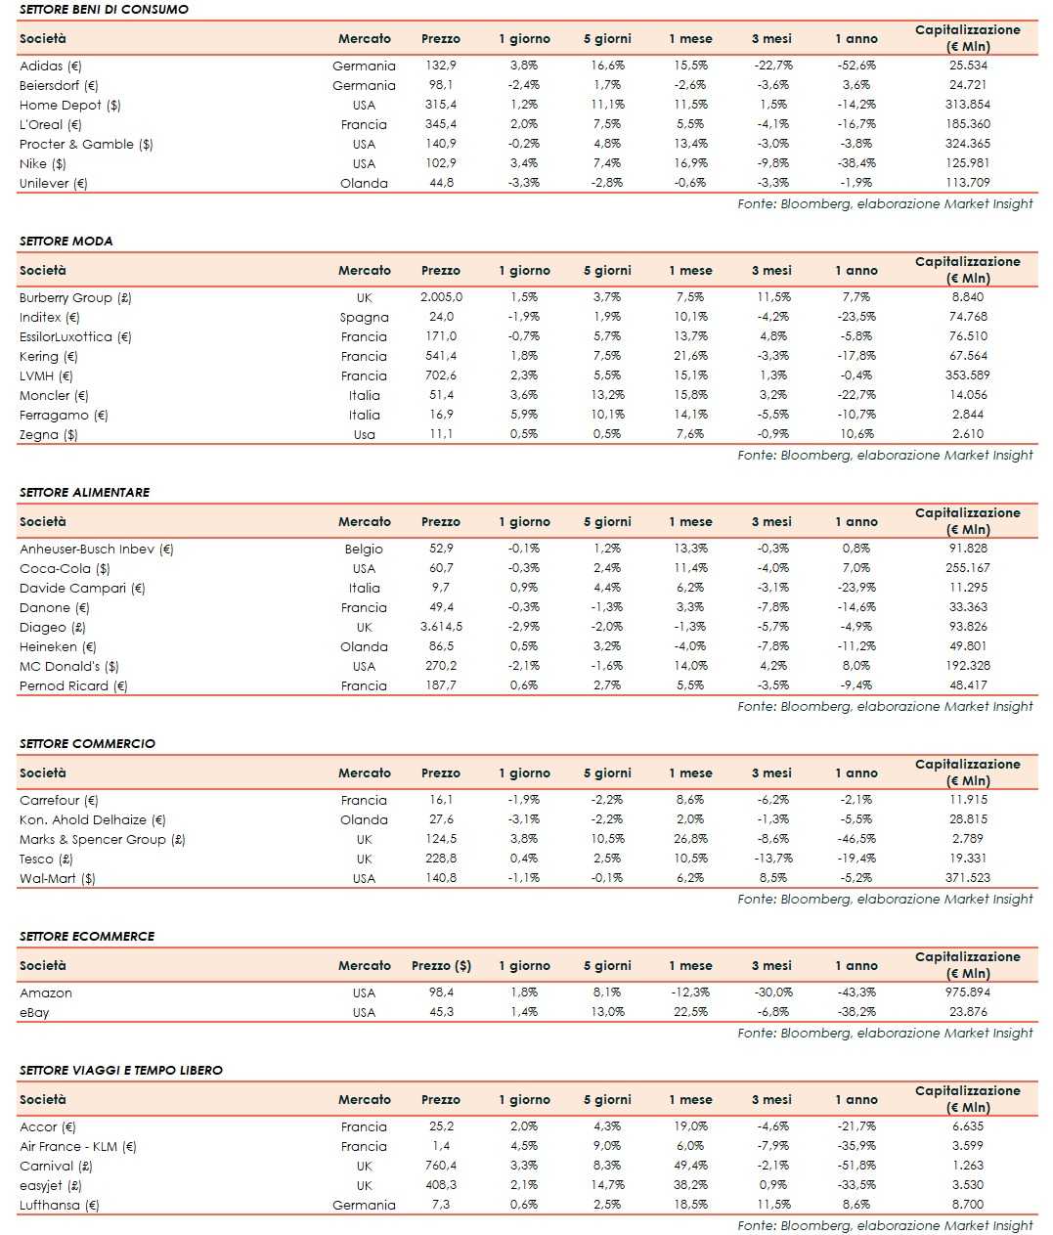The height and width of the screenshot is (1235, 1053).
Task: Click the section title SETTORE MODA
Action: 66,241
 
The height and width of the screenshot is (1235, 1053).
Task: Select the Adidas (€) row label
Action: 51,66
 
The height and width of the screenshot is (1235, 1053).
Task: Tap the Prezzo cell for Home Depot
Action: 441,105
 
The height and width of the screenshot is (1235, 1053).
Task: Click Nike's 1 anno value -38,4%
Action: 856,163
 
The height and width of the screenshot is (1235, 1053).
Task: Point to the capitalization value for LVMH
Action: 968,375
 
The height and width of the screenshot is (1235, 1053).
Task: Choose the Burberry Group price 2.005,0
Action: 441,297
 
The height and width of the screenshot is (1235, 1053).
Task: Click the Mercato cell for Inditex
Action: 364,317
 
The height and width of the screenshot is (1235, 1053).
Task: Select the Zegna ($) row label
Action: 48,434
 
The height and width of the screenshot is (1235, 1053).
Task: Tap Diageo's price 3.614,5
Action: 441,627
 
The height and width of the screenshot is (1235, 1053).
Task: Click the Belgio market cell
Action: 364,549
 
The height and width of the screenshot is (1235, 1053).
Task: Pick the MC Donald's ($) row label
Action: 68,666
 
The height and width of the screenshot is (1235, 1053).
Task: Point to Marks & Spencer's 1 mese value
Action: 690,839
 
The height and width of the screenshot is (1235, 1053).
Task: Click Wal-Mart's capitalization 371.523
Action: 968,878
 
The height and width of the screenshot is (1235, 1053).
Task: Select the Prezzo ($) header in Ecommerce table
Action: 441,965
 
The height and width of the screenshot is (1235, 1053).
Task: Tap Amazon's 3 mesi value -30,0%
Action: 772,992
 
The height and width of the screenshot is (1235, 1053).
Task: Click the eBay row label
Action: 34,1012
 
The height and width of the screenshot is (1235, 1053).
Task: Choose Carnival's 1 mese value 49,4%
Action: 690,1166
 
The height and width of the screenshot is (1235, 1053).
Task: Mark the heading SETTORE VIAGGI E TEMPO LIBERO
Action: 120,1070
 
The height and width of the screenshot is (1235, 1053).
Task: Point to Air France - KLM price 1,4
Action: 441,1146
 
